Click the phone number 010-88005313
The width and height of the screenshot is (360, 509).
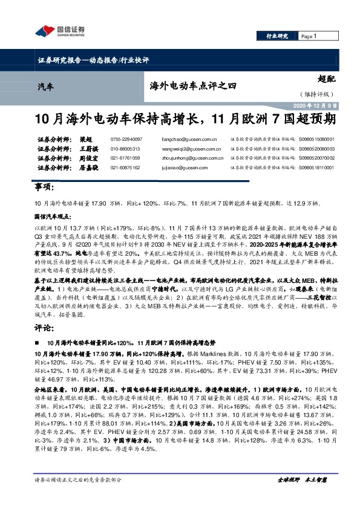125,148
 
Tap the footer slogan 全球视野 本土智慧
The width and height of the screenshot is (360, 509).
301,496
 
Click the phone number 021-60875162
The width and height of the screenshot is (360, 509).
125,167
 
